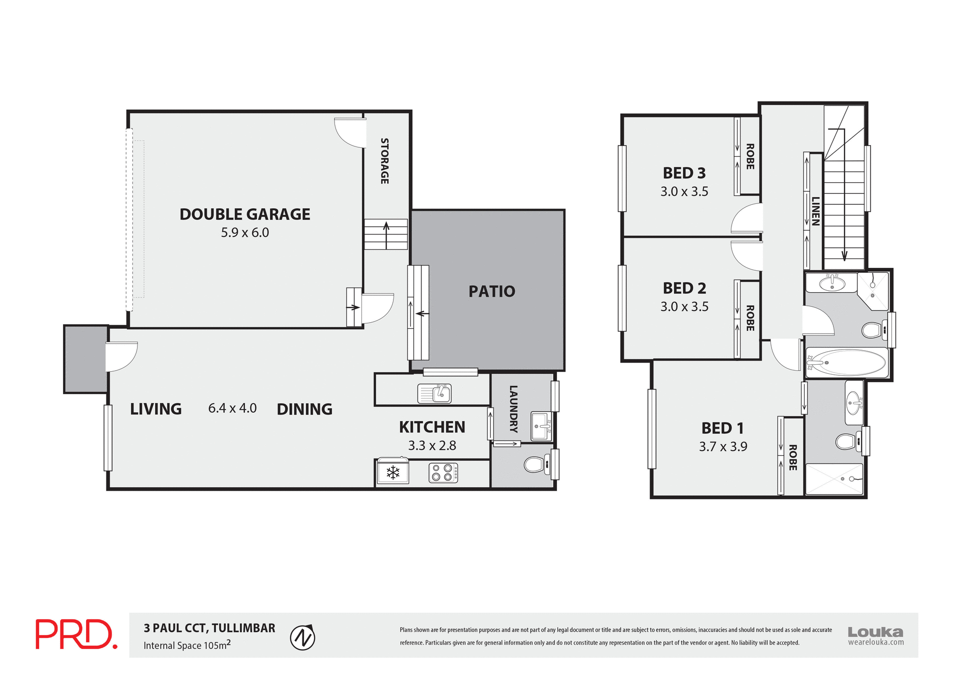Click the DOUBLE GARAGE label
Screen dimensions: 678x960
click(244, 214)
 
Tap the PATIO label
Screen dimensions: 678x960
click(491, 291)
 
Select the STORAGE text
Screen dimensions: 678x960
click(384, 161)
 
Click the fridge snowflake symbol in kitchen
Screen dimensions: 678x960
click(393, 472)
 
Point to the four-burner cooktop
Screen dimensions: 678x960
click(443, 473)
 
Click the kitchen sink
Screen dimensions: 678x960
click(434, 394)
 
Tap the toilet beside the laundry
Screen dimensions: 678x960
click(535, 465)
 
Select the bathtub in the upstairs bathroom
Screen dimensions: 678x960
click(846, 362)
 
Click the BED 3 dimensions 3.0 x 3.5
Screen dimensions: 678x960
click(684, 191)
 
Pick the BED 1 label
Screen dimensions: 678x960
click(722, 428)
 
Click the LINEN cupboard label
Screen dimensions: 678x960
click(815, 211)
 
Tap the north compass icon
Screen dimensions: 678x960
click(302, 638)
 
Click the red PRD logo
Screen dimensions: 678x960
click(76, 635)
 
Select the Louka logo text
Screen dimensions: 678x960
click(875, 632)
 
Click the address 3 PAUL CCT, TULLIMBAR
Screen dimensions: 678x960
click(209, 628)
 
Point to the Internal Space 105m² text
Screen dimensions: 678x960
click(187, 645)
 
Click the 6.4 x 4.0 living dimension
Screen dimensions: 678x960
click(232, 408)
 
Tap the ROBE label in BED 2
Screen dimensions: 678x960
click(750, 318)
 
